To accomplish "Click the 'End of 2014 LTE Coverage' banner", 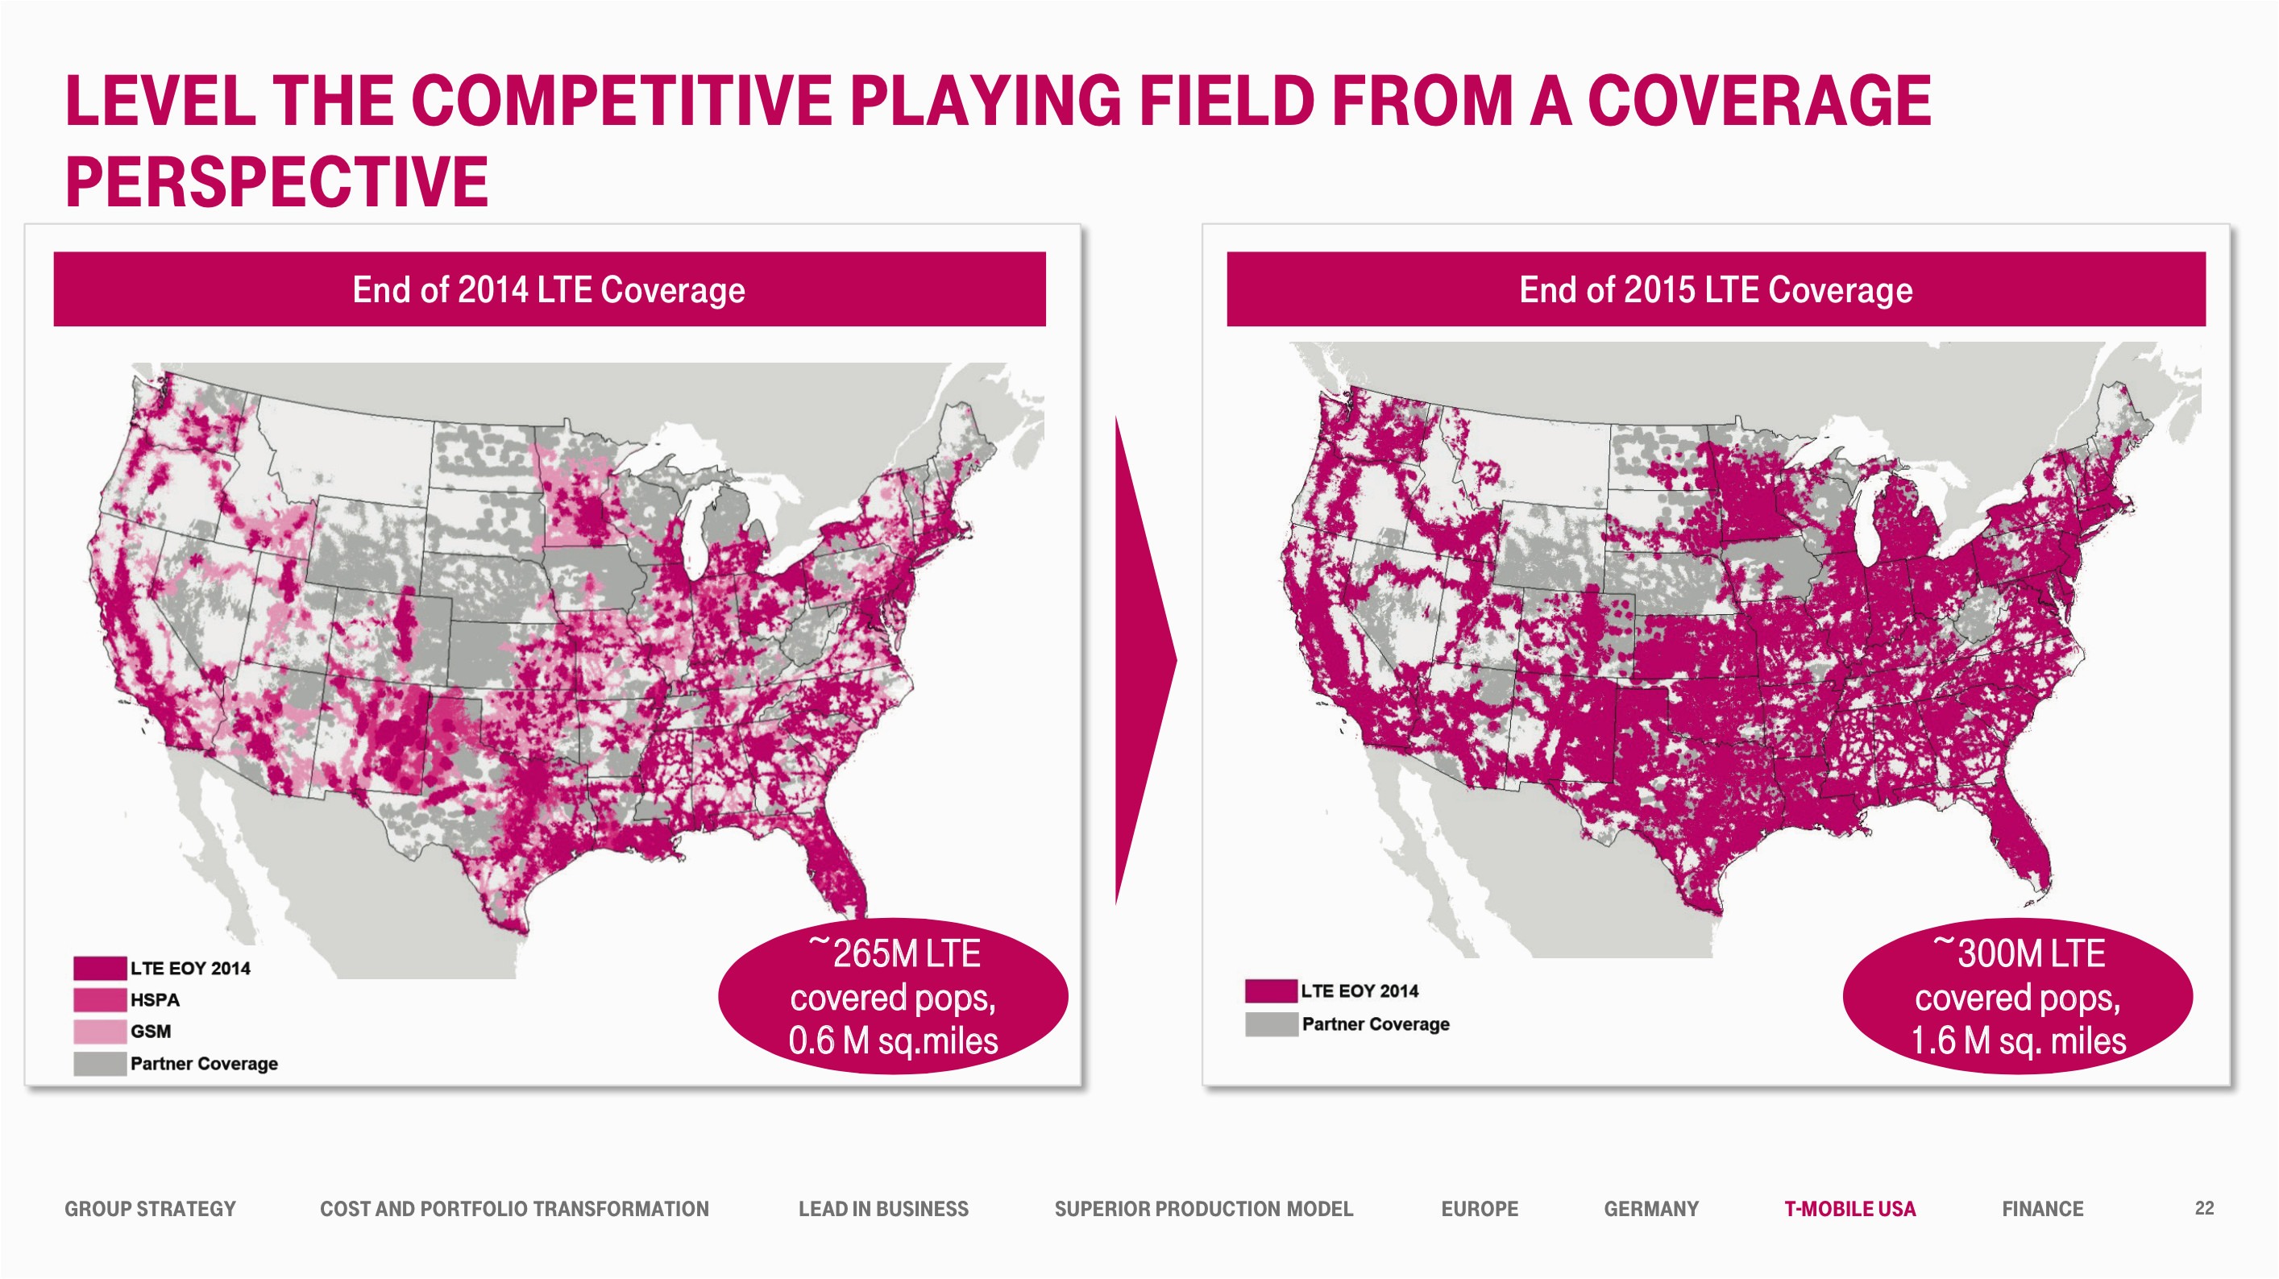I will click(x=549, y=289).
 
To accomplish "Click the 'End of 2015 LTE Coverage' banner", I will click(x=1715, y=289).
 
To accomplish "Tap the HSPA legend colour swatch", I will click(x=99, y=999).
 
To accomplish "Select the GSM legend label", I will click(x=151, y=1032).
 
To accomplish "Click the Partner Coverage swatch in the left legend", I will click(x=99, y=1063).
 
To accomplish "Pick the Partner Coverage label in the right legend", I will click(x=1375, y=1024).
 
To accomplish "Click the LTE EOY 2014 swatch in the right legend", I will click(x=1269, y=990).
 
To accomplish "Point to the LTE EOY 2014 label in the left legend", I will click(x=190, y=968).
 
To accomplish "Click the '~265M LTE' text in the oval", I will click(x=894, y=953).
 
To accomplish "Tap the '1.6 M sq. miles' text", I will click(x=2018, y=1041).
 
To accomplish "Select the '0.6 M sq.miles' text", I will click(x=893, y=1041).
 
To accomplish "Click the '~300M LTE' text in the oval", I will click(x=2018, y=953).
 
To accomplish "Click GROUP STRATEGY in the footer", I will click(x=150, y=1208).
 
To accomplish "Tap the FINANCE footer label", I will click(x=2042, y=1208).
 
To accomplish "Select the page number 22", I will click(x=2204, y=1207).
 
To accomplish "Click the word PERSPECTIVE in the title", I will click(x=276, y=181).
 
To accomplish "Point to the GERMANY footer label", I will click(x=1651, y=1208).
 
